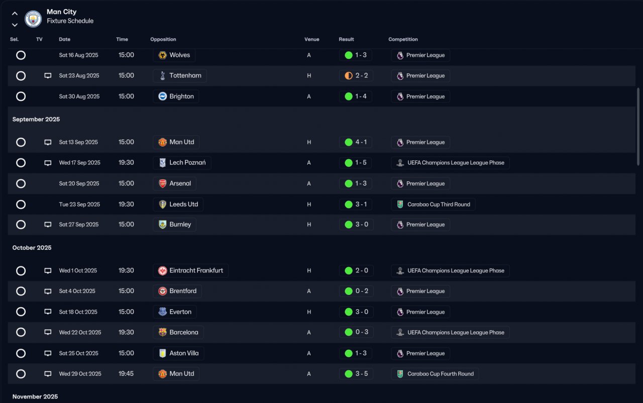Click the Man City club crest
tap(33, 19)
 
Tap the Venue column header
tap(312, 39)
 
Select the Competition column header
tap(403, 39)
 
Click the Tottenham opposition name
tap(185, 75)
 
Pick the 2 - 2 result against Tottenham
tap(361, 75)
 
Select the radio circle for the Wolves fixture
tap(21, 55)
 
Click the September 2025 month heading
tap(36, 119)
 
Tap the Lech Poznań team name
tap(187, 163)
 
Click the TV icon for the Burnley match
tap(48, 224)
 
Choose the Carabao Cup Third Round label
tap(439, 204)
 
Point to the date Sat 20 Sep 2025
tap(79, 184)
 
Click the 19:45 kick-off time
tap(126, 373)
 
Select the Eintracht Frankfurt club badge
tap(162, 271)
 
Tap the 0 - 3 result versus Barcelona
tap(362, 332)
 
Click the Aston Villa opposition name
tap(184, 353)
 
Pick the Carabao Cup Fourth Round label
tap(441, 374)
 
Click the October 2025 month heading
tap(32, 247)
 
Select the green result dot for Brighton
tap(349, 96)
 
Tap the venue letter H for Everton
tap(309, 312)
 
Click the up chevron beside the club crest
tap(15, 14)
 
